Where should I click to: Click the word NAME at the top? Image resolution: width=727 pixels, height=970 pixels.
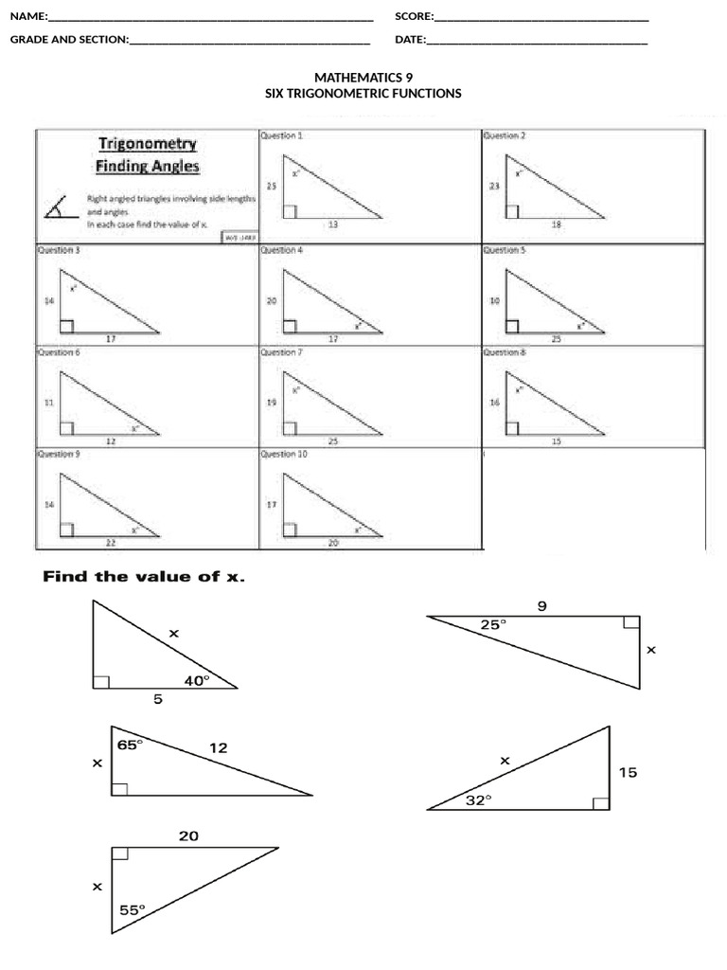(27, 16)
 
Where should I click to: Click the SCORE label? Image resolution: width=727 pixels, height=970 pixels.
(414, 16)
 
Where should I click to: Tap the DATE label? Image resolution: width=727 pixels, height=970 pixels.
(410, 40)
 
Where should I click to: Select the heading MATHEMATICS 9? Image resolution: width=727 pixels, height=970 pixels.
(363, 78)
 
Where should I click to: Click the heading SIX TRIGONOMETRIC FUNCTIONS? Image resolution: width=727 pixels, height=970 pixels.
(363, 94)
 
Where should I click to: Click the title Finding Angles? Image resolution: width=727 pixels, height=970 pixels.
(147, 167)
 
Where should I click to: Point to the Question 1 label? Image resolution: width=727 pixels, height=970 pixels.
(281, 136)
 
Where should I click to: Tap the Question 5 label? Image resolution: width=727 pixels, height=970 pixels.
(505, 250)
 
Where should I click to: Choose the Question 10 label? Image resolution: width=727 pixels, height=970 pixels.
(284, 455)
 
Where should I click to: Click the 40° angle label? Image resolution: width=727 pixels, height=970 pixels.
(196, 679)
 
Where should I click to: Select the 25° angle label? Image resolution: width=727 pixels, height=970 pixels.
(493, 624)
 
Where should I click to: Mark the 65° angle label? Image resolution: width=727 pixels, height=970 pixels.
(130, 745)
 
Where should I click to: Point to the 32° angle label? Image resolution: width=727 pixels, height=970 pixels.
(478, 800)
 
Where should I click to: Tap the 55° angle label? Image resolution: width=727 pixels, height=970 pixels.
(133, 909)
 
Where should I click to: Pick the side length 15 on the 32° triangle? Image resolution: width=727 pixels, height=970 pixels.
(628, 773)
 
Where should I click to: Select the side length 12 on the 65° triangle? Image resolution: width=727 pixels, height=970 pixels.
(219, 748)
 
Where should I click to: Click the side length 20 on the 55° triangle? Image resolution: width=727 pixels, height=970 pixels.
(188, 835)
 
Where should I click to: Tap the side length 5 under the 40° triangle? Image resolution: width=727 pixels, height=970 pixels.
(157, 700)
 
